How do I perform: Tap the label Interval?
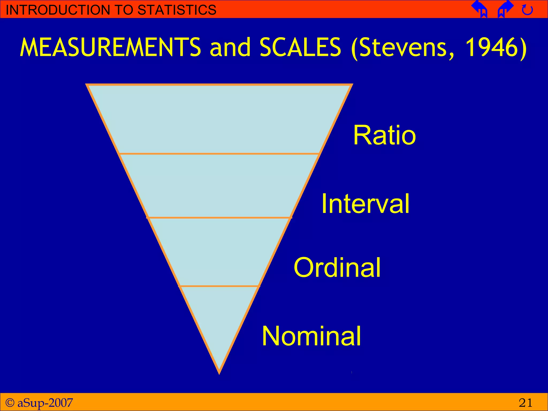coord(365,204)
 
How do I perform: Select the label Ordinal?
coord(337,267)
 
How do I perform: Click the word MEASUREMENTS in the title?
coord(110,47)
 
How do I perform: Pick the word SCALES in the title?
coord(300,47)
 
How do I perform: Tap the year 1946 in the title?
coord(492,47)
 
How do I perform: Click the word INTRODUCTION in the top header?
coord(57,10)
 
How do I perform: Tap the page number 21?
coord(525,403)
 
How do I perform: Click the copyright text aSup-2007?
coord(45,403)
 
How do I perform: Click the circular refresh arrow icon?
coord(527,10)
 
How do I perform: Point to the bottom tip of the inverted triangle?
coord(219,373)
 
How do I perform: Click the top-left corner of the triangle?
coord(87,85)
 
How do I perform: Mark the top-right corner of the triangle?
coord(352,85)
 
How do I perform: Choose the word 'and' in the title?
coord(230,48)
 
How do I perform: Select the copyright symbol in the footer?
coord(10,402)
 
